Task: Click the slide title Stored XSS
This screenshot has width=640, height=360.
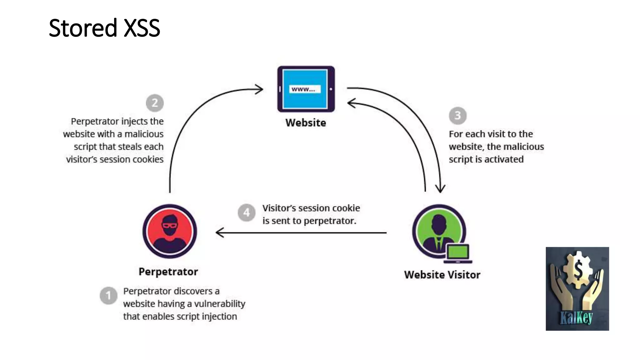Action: pyautogui.click(x=104, y=28)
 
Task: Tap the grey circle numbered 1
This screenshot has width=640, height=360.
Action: pyautogui.click(x=108, y=296)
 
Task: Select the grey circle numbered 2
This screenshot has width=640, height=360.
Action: pyautogui.click(x=155, y=103)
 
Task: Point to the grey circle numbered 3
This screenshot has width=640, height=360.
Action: pyautogui.click(x=457, y=115)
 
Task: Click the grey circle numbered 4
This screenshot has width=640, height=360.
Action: pyautogui.click(x=247, y=213)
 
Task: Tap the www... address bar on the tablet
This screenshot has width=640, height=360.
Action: pyautogui.click(x=305, y=89)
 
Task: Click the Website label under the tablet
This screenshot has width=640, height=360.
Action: pyautogui.click(x=306, y=123)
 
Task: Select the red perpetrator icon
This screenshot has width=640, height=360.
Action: pyautogui.click(x=170, y=231)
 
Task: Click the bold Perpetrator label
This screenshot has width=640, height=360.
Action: pyautogui.click(x=168, y=272)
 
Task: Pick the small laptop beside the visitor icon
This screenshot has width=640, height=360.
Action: pyautogui.click(x=458, y=253)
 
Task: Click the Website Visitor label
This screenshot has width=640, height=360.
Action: pyautogui.click(x=442, y=275)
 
